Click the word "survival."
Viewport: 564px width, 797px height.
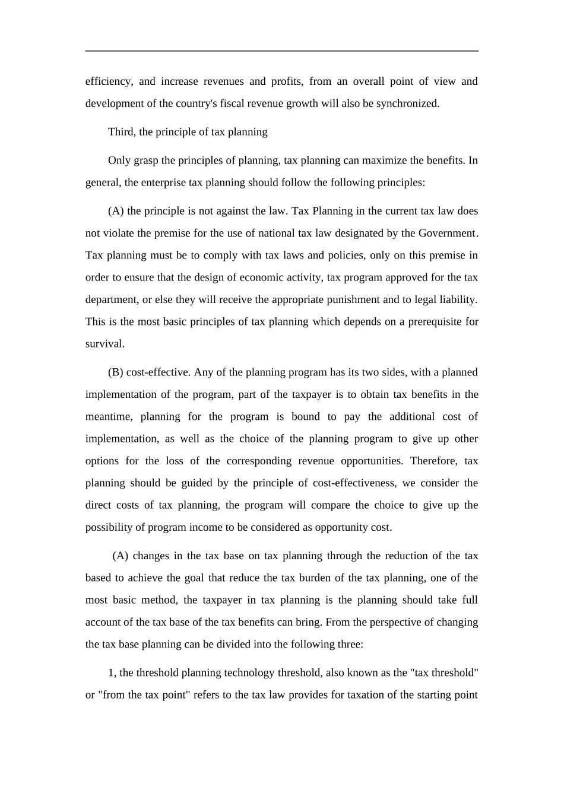[105, 343]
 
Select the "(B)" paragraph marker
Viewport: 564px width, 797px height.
[116, 372]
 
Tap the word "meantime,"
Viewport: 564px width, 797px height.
[109, 416]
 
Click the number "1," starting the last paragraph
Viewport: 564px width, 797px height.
[112, 672]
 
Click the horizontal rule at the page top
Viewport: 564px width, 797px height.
[282, 51]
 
